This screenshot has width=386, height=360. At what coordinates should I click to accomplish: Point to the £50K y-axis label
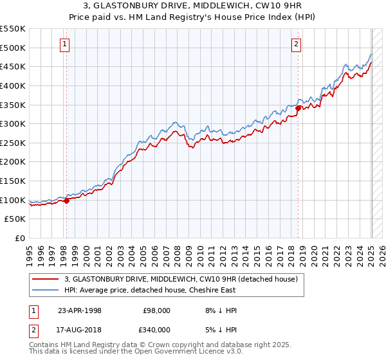coord(15,219)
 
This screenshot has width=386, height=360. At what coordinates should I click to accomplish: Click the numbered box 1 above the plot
coord(66,44)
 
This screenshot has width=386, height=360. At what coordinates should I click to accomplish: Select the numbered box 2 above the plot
coord(296,44)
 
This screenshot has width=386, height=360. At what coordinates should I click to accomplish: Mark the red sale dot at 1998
coord(66,201)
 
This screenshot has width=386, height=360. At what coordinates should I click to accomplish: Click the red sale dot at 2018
coord(298,109)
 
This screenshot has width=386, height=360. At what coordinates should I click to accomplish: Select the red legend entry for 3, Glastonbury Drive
coord(180,280)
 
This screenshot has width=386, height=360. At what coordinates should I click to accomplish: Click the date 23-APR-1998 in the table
coord(80,310)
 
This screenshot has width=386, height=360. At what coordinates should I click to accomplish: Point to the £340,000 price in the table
coord(156,328)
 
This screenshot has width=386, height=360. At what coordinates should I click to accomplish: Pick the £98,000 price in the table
coord(156,310)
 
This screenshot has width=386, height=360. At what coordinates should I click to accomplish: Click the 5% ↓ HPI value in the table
coord(220,328)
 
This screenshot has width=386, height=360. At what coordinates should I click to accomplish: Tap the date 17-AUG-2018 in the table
coord(80,328)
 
